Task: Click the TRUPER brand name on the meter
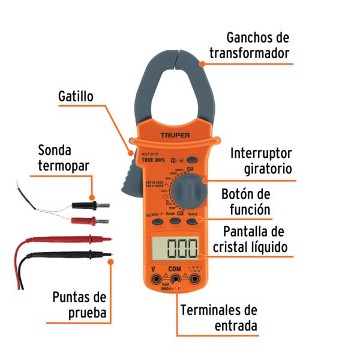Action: (175, 136)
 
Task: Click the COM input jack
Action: (175, 279)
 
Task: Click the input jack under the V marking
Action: (156, 279)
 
